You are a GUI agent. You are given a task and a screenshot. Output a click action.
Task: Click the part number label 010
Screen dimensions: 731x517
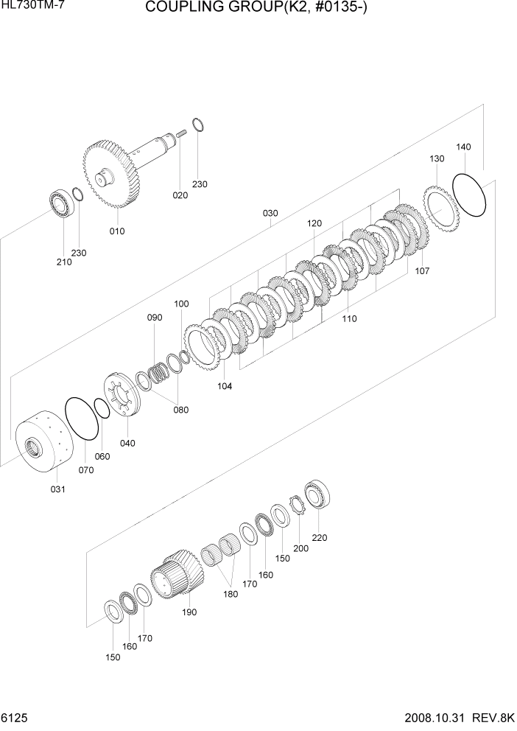[x=117, y=231]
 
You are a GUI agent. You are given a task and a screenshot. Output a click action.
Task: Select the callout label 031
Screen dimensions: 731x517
[x=57, y=489]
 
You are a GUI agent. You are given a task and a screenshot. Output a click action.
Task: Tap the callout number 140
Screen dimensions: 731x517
[x=463, y=147]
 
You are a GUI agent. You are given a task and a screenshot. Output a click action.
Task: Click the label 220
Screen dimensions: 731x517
[x=319, y=537]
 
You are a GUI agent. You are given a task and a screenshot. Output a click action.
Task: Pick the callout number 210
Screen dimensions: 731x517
[x=64, y=262]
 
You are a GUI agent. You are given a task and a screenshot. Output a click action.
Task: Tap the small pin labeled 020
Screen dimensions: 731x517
[x=180, y=134]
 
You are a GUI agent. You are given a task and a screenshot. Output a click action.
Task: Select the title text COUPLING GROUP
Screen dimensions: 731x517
[x=257, y=8]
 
